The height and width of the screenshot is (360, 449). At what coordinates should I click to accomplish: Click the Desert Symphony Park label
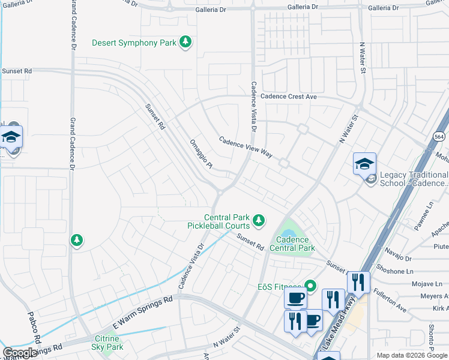pos(134,43)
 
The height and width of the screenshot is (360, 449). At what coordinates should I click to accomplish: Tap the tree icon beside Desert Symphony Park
pos(186,42)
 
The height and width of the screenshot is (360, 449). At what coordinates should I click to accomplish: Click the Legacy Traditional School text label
pos(414,178)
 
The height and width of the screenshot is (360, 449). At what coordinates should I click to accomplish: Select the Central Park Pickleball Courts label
pos(227,221)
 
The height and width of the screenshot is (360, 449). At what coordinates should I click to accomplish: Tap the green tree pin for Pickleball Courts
pos(259,221)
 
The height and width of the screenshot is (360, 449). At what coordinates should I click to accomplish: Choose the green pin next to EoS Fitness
pos(310,286)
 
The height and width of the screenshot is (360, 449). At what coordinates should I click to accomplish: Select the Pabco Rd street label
pos(33,328)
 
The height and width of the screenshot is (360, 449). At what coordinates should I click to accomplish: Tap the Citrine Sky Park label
pos(107,343)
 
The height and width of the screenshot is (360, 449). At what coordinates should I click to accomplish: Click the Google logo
pos(20,353)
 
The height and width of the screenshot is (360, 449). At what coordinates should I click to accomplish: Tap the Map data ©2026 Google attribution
pos(412,355)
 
